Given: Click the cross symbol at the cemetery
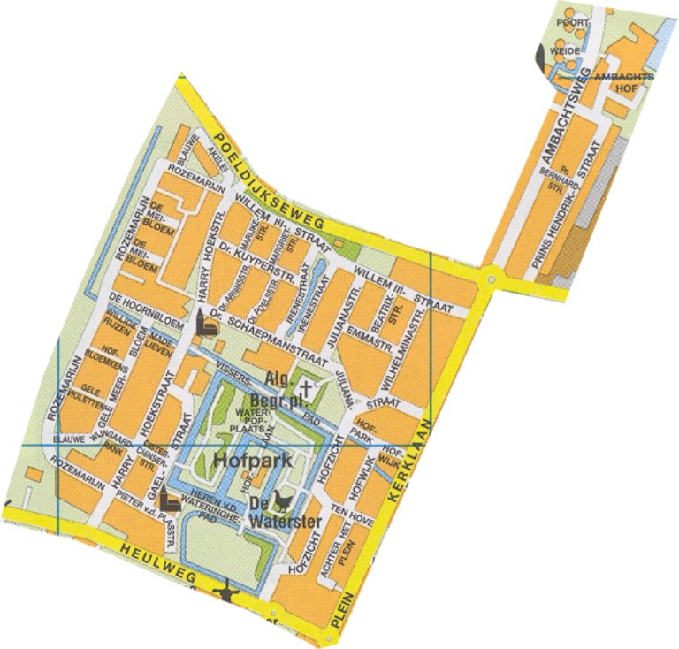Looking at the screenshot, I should point(306,387).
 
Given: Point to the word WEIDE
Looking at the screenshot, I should point(567,51).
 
